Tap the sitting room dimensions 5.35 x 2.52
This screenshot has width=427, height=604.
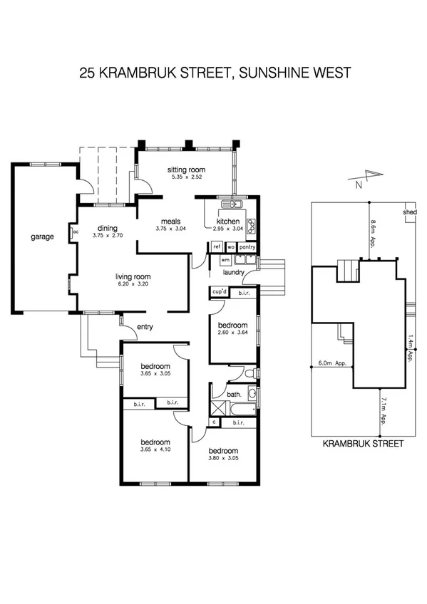pyautogui.click(x=185, y=177)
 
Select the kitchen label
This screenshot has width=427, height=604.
pyautogui.click(x=227, y=222)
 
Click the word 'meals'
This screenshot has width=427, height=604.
pyautogui.click(x=170, y=222)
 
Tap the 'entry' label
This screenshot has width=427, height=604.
pyautogui.click(x=145, y=327)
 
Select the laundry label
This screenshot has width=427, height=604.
pyautogui.click(x=234, y=272)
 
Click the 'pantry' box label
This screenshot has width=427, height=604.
pyautogui.click(x=247, y=247)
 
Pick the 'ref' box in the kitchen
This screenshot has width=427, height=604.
pyautogui.click(x=217, y=247)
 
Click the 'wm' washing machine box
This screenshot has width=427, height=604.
pyautogui.click(x=215, y=261)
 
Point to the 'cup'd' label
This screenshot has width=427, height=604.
pyautogui.click(x=219, y=292)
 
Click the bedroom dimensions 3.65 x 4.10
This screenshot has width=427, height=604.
pyautogui.click(x=155, y=449)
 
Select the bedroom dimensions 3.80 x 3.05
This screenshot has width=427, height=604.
pyautogui.click(x=222, y=459)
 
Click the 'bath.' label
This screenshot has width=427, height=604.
pyautogui.click(x=234, y=393)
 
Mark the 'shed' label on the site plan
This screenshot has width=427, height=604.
pyautogui.click(x=409, y=212)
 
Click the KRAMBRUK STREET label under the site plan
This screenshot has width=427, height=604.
pyautogui.click(x=363, y=443)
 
